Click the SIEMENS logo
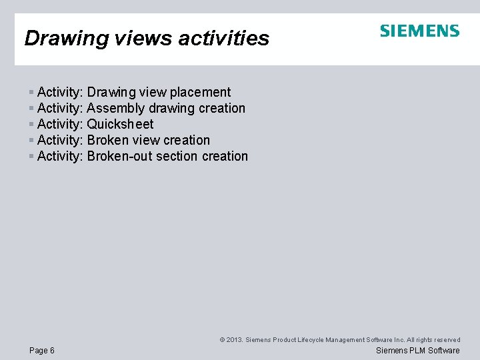[x=419, y=31]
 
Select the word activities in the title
[x=223, y=39]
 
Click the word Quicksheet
[x=120, y=125]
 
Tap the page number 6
[x=52, y=351]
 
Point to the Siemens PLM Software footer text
[x=417, y=351]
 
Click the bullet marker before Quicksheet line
[x=31, y=125]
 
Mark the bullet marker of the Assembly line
[x=31, y=109]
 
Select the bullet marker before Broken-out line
[x=31, y=157]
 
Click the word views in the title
[x=138, y=39]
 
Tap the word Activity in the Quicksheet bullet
[x=60, y=125]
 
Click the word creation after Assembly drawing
[x=222, y=109]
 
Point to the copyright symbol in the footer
[x=222, y=340]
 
